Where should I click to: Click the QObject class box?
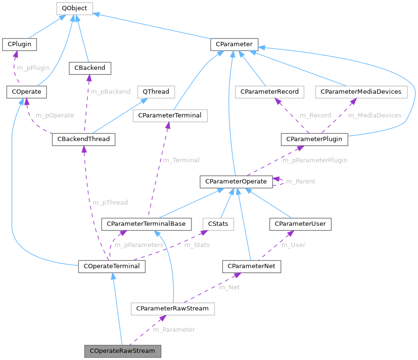coord(74,8)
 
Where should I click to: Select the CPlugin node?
coord(20,44)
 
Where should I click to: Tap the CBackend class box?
coord(90,68)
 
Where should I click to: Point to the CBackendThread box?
coord(84,139)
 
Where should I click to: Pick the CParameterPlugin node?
coord(314,139)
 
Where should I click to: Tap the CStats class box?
coord(218,224)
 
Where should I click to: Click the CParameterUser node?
coord(300,224)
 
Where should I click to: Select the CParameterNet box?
coord(252,266)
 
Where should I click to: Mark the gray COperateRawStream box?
coord(122,351)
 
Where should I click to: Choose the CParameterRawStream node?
coord(173,309)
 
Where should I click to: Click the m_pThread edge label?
coord(110,203)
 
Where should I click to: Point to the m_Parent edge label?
coord(301,181)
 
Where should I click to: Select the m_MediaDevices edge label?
coord(374,116)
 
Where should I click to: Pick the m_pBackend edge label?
coord(111,91)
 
